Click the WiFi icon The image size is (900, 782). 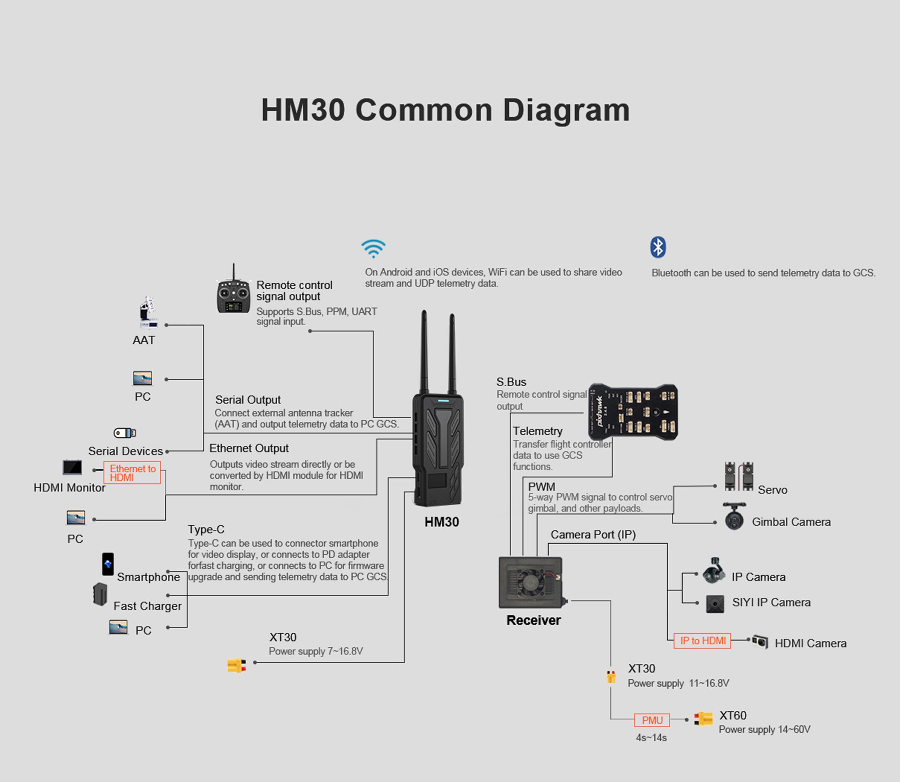373,248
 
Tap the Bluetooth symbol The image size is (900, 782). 658,247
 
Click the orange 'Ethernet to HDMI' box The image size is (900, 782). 132,473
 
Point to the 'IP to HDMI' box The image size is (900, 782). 702,640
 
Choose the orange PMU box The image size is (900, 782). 652,720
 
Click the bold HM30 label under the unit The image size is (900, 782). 442,522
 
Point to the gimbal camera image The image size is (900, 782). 734,517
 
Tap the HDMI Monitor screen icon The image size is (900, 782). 72,468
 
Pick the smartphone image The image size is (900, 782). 108,564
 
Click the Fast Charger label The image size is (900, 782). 147,606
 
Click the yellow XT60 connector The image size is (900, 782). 703,719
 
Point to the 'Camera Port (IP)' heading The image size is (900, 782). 593,535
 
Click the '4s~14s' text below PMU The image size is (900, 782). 651,737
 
